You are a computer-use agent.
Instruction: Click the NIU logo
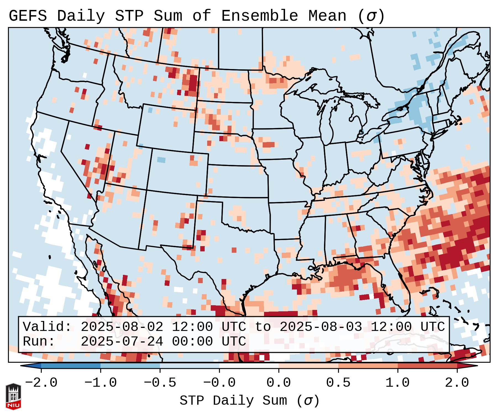[13, 397]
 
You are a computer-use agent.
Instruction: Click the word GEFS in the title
[28, 16]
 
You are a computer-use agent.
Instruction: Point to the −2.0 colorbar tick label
[41, 383]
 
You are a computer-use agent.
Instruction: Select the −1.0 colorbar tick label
[101, 383]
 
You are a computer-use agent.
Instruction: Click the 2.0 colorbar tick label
[457, 383]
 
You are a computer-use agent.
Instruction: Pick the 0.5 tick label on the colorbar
[338, 383]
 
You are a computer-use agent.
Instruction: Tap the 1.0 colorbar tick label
[397, 383]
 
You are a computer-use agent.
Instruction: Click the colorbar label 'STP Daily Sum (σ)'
[249, 401]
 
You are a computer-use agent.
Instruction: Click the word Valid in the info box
[47, 327]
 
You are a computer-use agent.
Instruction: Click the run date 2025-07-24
[122, 342]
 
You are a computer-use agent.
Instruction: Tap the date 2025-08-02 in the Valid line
[122, 327]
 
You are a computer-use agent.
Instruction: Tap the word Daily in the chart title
[81, 16]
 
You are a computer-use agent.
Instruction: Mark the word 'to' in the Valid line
[263, 327]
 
